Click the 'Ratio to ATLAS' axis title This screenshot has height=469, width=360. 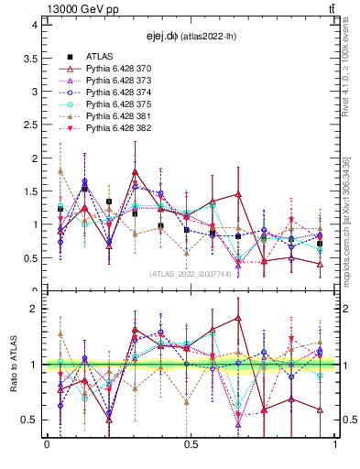click(x=13, y=365)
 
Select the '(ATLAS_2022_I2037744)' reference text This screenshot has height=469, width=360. click(x=190, y=273)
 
